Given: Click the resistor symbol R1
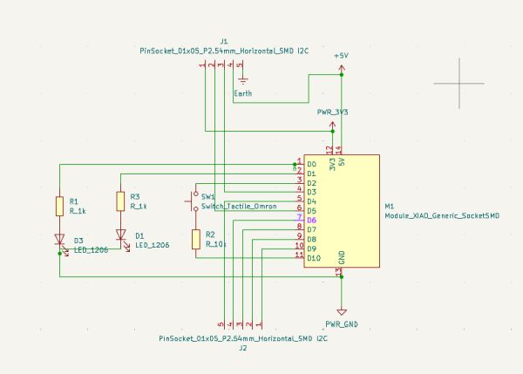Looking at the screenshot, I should [x=59, y=206].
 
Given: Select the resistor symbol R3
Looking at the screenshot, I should [x=120, y=201].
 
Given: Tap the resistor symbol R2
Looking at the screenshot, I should [x=196, y=240].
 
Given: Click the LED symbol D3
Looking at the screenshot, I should [x=59, y=239].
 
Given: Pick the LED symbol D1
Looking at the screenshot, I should [x=120, y=235].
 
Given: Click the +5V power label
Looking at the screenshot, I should [x=341, y=56].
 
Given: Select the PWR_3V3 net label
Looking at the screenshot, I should [x=333, y=112].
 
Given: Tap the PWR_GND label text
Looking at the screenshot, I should [x=342, y=324].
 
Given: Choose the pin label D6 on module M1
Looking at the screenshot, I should [x=311, y=221].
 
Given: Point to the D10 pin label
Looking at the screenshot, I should [x=314, y=258].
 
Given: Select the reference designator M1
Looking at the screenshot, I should [x=390, y=207].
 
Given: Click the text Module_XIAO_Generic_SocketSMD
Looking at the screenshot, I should [x=442, y=215].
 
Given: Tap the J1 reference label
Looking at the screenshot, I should [x=224, y=41].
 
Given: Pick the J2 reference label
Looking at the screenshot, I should [x=243, y=347].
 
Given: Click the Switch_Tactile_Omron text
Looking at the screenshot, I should [x=239, y=207].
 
